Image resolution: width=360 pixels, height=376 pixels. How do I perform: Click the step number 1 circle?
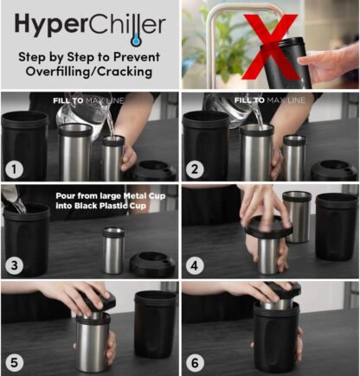tap(15, 169)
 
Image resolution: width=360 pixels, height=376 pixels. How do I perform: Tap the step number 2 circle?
tap(195, 169)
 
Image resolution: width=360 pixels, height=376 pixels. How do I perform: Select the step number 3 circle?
tap(15, 265)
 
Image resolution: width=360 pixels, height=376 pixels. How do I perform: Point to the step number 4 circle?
tap(195, 265)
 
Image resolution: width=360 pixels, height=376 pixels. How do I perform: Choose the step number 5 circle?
tap(15, 362)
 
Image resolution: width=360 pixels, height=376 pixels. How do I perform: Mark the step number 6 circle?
tap(195, 362)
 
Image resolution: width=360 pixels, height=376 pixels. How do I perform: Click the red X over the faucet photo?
tap(271, 46)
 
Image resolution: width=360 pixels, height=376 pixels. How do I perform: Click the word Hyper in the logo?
tap(50, 24)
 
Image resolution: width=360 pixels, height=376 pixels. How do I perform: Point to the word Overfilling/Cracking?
tap(89, 72)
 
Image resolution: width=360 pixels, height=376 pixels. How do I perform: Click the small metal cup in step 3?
tap(113, 251)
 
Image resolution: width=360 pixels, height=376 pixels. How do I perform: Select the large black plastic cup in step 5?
tap(155, 324)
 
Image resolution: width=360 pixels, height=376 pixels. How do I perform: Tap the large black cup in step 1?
tap(24, 145)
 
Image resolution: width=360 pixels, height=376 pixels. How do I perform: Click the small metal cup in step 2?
tap(294, 157)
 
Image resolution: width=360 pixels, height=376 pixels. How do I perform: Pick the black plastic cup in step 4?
tap(337, 226)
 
